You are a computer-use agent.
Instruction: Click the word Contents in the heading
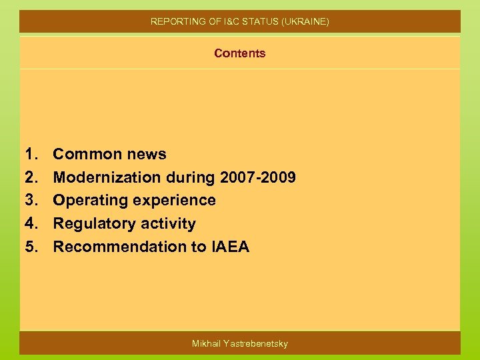(x=239, y=53)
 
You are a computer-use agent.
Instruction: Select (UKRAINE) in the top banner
(x=305, y=21)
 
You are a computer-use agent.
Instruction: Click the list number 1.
(x=31, y=154)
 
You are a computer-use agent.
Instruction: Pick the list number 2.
(x=31, y=177)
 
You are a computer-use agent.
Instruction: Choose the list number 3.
(x=31, y=200)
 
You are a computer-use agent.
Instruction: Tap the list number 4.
(x=31, y=223)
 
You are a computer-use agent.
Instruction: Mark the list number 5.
(x=31, y=247)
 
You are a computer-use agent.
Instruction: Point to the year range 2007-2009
(x=256, y=177)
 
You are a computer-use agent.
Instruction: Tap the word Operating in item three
(x=90, y=201)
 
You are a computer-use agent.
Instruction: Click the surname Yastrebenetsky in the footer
(x=255, y=343)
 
